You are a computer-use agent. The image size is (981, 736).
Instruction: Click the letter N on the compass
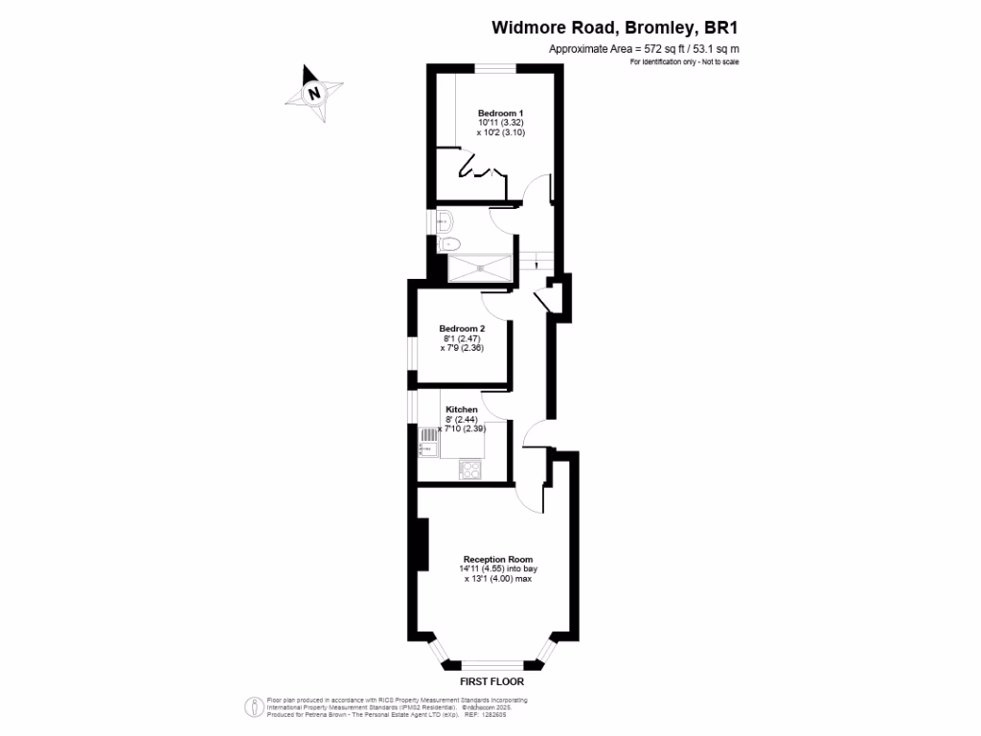(x=313, y=94)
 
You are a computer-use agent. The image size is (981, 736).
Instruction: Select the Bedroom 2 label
(x=462, y=328)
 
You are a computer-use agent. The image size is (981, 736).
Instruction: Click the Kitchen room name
(x=462, y=409)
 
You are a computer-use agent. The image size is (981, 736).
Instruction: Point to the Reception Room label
(x=498, y=559)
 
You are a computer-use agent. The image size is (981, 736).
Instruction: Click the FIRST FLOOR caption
(x=490, y=682)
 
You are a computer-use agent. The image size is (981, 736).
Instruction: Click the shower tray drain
(x=478, y=269)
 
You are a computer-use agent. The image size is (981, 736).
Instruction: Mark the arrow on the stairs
(x=541, y=260)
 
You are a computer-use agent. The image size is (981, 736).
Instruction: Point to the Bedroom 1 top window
(x=497, y=67)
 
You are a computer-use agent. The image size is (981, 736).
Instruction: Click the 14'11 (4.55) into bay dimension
(x=497, y=568)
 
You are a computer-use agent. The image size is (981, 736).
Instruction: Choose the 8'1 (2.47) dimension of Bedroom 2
(x=462, y=338)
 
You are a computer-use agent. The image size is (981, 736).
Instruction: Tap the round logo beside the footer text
(x=254, y=706)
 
